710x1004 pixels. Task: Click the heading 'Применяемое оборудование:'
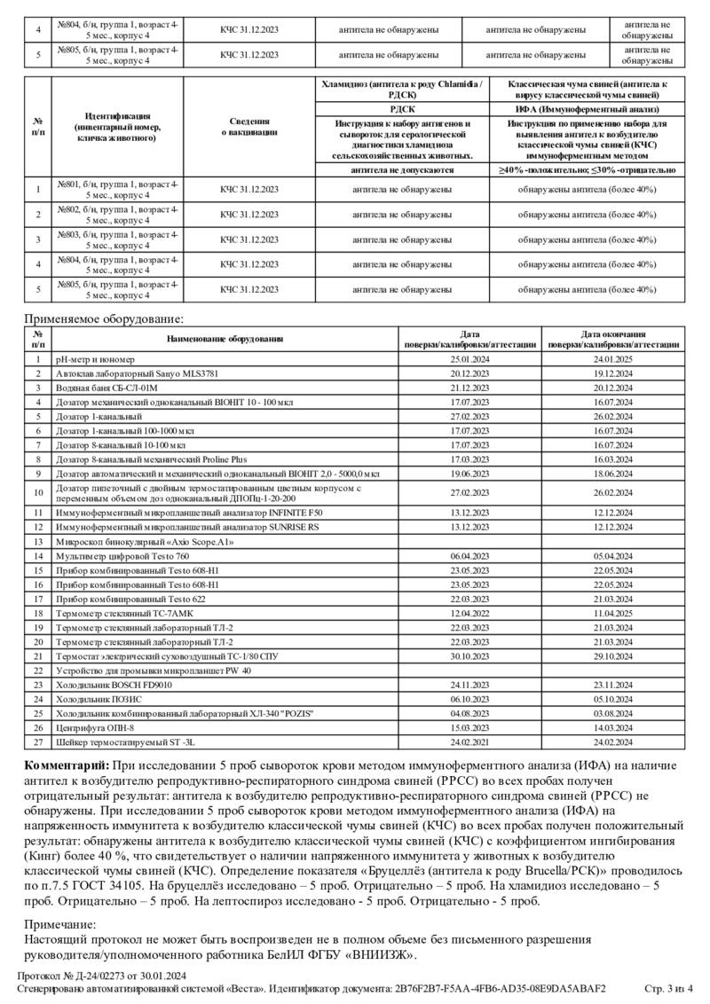click(105, 319)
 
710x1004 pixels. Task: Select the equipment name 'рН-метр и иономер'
click(95, 359)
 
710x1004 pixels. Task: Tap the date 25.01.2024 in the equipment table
click(470, 359)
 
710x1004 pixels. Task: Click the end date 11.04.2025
click(612, 613)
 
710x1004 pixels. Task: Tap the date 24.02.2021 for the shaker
click(470, 741)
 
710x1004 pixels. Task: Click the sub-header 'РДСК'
click(403, 107)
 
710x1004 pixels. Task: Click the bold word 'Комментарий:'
click(65, 765)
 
